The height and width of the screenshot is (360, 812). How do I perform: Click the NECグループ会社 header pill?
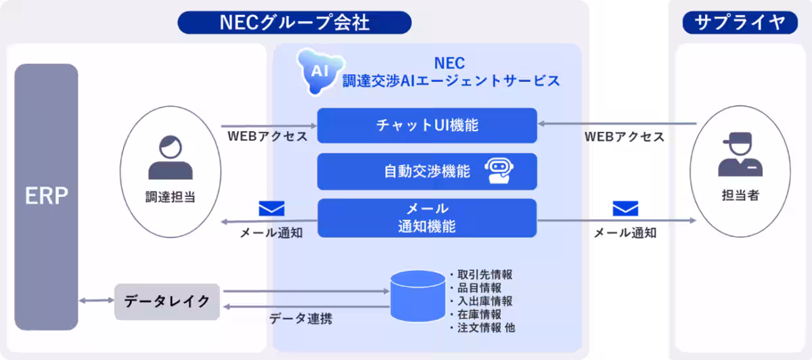[294, 22]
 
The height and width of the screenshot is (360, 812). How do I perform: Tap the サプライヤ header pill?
[740, 22]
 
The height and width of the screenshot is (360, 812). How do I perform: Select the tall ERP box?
[46, 197]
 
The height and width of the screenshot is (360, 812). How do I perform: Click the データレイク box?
[166, 302]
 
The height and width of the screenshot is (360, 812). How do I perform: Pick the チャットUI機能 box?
[427, 125]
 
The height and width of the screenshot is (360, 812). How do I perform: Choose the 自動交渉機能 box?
[427, 171]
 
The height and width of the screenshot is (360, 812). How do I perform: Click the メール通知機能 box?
[427, 218]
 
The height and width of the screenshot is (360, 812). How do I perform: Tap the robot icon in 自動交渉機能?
[499, 171]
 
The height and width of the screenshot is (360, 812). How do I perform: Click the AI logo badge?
[320, 71]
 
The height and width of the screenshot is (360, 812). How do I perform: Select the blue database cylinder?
[418, 296]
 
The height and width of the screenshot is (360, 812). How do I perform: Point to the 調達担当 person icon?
[171, 157]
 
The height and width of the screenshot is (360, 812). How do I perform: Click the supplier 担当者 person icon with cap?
[740, 154]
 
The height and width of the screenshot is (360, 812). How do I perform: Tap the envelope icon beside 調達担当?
[271, 208]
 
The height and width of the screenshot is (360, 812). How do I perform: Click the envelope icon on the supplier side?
[625, 208]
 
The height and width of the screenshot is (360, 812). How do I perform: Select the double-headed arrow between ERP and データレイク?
[96, 300]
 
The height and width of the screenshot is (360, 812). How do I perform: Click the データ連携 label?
[300, 319]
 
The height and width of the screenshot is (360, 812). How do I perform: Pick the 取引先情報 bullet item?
[481, 275]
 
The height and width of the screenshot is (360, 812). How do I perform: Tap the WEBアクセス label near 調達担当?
[267, 136]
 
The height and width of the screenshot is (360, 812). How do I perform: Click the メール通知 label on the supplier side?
[625, 233]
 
